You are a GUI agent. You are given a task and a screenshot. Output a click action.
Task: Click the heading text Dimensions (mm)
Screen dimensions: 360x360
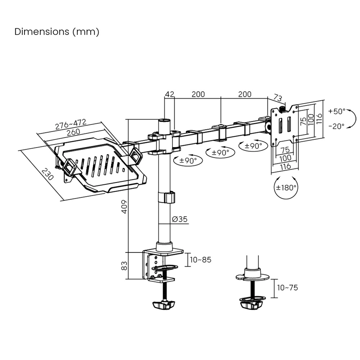(57, 32)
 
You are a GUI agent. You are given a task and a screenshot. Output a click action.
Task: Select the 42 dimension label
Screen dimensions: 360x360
(170, 94)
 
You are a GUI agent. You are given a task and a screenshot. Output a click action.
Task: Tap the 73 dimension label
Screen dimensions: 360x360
(277, 98)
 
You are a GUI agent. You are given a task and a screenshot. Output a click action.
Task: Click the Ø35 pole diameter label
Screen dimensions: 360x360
(180, 219)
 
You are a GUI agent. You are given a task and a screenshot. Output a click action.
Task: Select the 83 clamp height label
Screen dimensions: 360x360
(123, 266)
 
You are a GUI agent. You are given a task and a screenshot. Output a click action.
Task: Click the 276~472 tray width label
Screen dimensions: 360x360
(71, 124)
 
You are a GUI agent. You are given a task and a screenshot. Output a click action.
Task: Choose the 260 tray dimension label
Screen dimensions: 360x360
(73, 132)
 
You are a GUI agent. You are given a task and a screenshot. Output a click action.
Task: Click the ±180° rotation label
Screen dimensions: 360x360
(286, 188)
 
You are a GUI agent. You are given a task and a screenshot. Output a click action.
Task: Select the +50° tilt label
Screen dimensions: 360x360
(337, 111)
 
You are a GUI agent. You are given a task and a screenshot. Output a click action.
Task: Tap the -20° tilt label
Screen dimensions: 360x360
(337, 126)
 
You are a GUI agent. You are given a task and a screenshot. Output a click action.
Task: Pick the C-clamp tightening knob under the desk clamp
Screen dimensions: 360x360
(163, 305)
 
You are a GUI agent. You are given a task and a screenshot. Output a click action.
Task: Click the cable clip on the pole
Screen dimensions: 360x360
(166, 198)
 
